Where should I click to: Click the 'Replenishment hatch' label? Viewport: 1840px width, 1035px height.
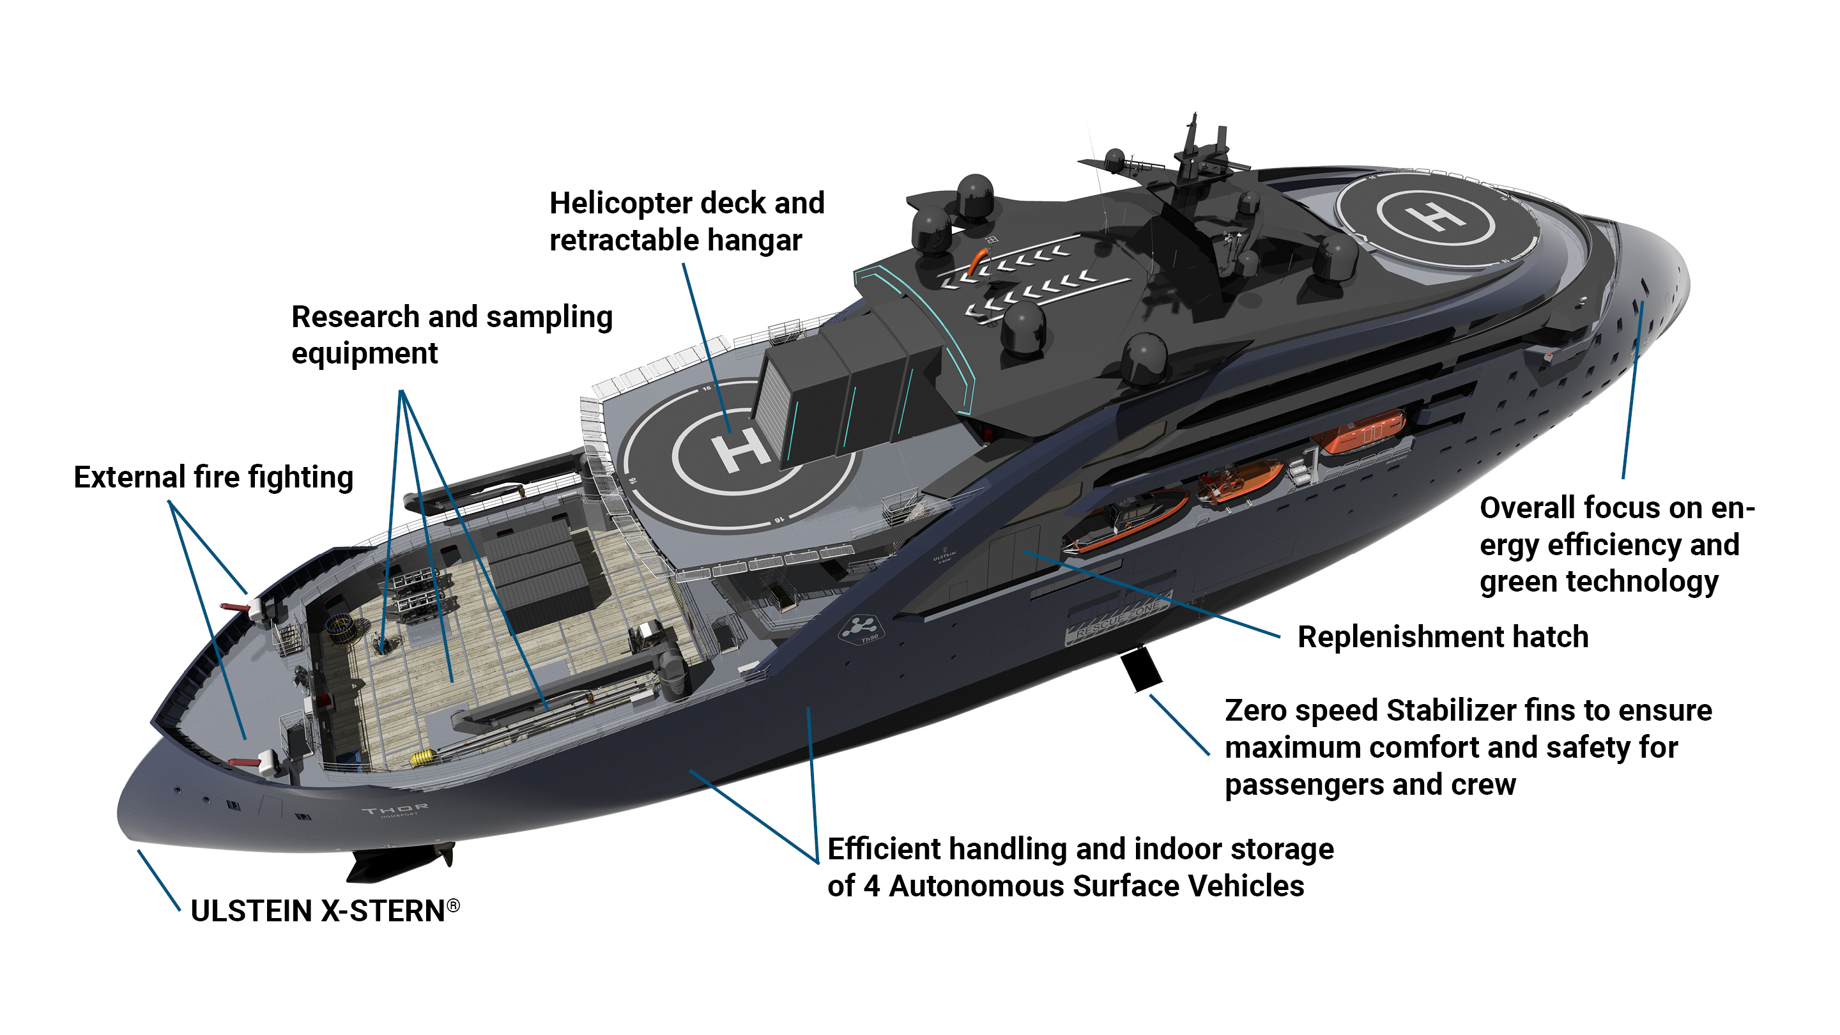point(1442,636)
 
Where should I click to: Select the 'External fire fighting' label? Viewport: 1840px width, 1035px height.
point(213,477)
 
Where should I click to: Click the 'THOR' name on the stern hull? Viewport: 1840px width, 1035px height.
point(395,809)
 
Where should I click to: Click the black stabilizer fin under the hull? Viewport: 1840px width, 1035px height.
point(1140,668)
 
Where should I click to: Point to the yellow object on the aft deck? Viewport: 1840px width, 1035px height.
point(422,757)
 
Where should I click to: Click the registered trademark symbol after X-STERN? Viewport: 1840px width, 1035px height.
point(453,906)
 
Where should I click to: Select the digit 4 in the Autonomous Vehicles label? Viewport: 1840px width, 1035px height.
point(871,885)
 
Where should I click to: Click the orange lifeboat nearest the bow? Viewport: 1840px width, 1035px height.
point(1361,431)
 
